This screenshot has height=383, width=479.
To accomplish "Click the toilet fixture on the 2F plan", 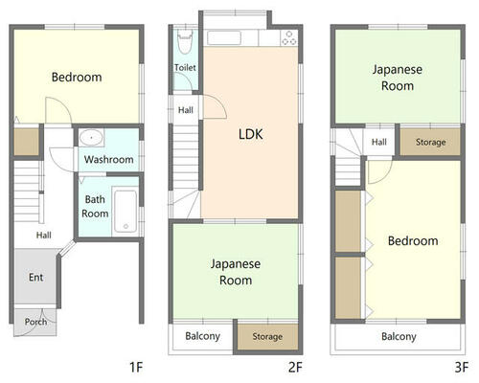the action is pyautogui.click(x=185, y=41).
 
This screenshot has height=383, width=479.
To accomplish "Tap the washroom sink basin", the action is pyautogui.click(x=91, y=138).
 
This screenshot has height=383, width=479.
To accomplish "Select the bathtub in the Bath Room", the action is pyautogui.click(x=125, y=212).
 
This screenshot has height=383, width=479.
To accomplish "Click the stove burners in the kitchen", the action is pyautogui.click(x=289, y=38).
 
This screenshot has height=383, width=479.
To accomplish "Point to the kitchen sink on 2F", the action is pyautogui.click(x=224, y=38).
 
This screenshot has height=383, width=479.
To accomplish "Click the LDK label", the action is pyautogui.click(x=251, y=134).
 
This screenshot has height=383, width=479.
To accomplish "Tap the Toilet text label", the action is pyautogui.click(x=185, y=67).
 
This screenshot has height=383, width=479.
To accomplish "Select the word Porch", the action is pyautogui.click(x=35, y=322).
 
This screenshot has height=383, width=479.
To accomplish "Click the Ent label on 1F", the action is pyautogui.click(x=35, y=277).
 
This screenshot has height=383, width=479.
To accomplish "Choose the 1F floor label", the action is pyautogui.click(x=136, y=367).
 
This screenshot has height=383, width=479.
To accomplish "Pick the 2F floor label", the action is pyautogui.click(x=295, y=367).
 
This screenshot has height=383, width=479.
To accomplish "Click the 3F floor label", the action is pyautogui.click(x=462, y=367).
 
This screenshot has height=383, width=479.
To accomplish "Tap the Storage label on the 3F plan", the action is pyautogui.click(x=430, y=142).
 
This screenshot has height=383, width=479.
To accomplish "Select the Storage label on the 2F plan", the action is pyautogui.click(x=267, y=336).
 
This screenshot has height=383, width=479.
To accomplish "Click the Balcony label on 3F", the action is pyautogui.click(x=399, y=336).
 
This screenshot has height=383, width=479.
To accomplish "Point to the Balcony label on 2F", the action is pyautogui.click(x=202, y=336).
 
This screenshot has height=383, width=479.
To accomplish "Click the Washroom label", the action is pyautogui.click(x=109, y=159).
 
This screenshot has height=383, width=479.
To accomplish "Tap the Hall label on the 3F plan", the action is pyautogui.click(x=379, y=142).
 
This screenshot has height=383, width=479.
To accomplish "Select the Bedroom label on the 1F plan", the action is pyautogui.click(x=77, y=77).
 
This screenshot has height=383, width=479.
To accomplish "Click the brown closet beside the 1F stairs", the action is pyautogui.click(x=27, y=142).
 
